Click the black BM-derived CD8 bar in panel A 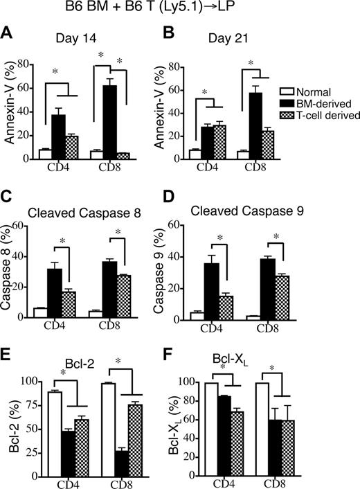tap(109, 123)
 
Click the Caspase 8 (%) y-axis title tap(11, 271)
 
